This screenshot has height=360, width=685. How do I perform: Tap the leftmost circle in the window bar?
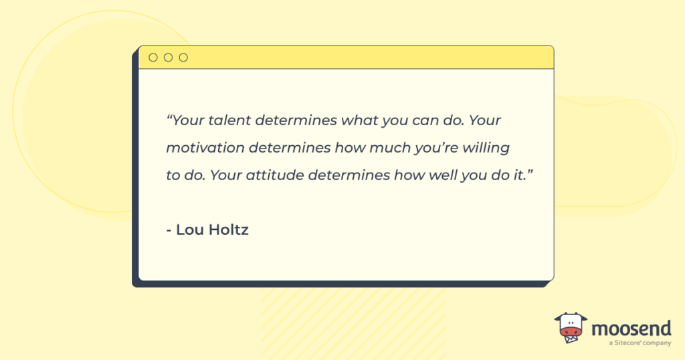click(153, 58)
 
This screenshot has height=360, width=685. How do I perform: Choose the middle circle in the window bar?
click(168, 58)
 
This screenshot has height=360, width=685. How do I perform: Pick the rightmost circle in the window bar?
click(183, 58)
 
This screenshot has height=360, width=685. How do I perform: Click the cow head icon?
click(570, 328)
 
